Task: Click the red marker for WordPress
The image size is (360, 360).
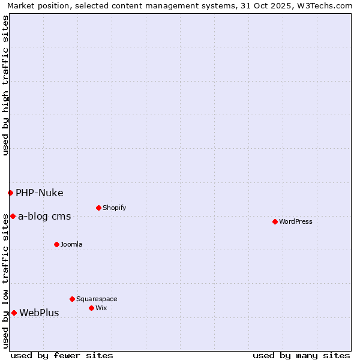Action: [x=275, y=221]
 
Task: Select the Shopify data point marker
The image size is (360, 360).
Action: [x=98, y=208]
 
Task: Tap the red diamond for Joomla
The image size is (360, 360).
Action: [x=56, y=244]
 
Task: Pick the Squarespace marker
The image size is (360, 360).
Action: [x=72, y=299]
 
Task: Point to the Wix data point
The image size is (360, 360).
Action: [x=91, y=308]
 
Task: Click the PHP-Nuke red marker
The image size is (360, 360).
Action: [x=10, y=193]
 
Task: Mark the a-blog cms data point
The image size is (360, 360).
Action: [x=13, y=216]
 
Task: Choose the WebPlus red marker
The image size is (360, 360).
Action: [x=14, y=313]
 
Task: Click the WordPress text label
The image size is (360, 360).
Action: [x=296, y=221]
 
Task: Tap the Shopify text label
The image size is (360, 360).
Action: [x=114, y=208]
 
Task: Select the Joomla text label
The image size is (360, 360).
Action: [x=71, y=244]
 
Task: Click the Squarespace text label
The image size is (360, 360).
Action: [x=97, y=299]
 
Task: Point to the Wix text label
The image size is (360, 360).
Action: [x=101, y=308]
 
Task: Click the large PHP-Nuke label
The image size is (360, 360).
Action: [x=40, y=193]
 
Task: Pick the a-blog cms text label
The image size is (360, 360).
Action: [x=44, y=216]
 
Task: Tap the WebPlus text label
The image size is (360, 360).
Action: [x=39, y=313]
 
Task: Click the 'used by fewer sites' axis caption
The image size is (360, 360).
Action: [x=62, y=355]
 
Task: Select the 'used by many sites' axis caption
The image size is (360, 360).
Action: [x=301, y=355]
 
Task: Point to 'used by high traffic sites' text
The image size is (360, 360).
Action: [x=5, y=85]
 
